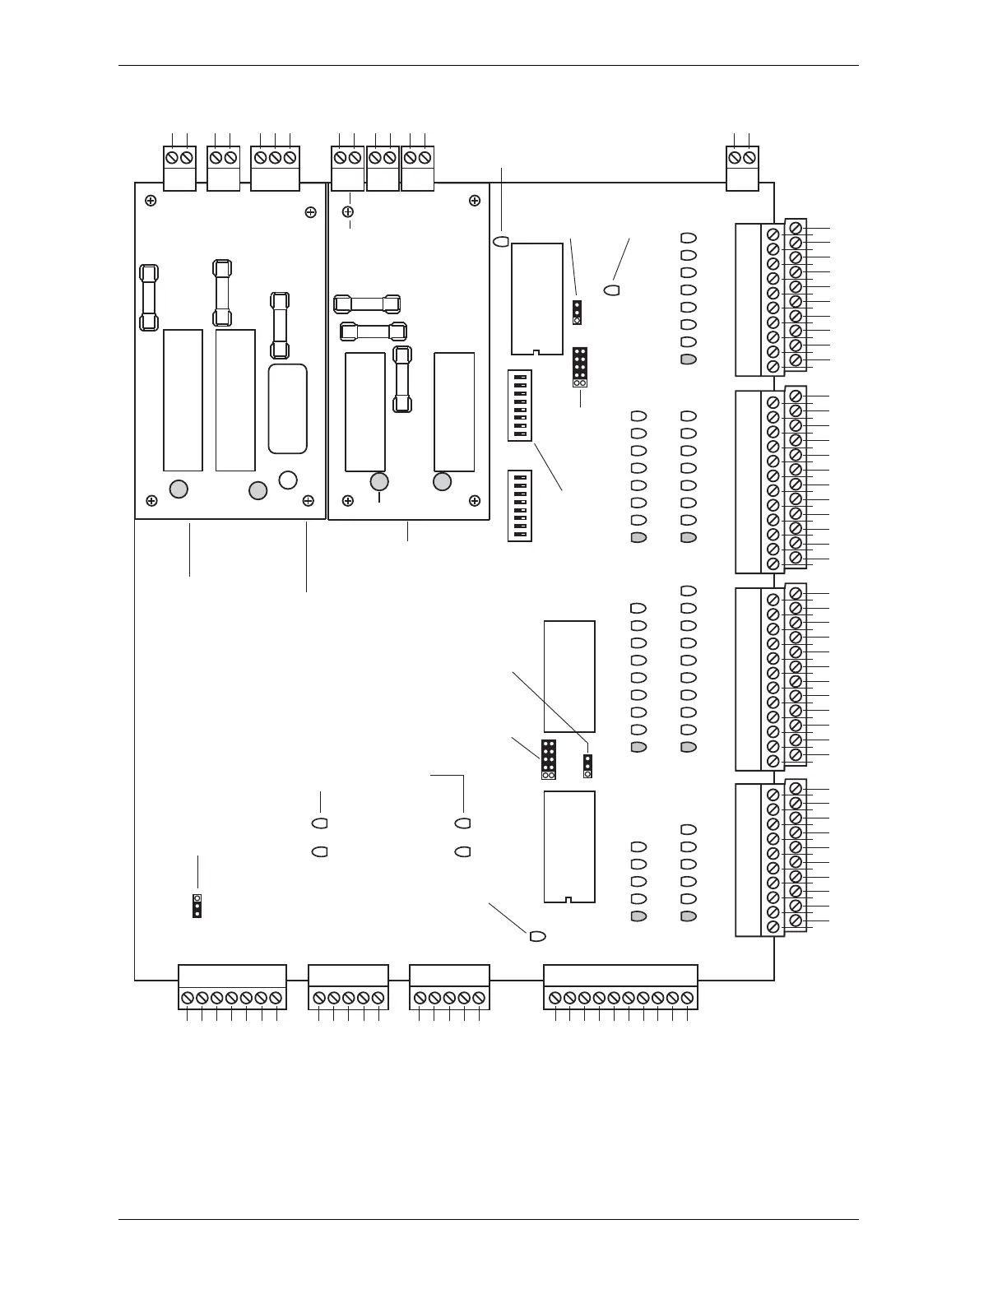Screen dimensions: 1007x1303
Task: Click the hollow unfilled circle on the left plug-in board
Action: [x=288, y=480]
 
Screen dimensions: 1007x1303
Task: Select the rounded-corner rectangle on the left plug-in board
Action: [x=287, y=408]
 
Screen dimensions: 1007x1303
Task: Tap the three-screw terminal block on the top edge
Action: [x=275, y=168]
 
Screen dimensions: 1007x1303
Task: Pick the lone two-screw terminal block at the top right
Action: [x=742, y=168]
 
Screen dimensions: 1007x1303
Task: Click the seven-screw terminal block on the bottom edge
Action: [x=232, y=987]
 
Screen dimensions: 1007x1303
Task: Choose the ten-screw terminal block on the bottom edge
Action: [x=620, y=987]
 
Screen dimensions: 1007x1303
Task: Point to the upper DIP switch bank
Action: [x=519, y=406]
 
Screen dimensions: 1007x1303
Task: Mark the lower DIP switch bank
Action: [x=519, y=506]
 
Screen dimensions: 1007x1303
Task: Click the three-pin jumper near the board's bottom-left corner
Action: [x=197, y=906]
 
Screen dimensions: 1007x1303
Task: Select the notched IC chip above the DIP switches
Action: [x=536, y=298]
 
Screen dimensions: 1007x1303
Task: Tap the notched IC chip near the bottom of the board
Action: [x=568, y=846]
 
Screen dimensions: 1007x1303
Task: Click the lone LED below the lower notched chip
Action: [x=537, y=936]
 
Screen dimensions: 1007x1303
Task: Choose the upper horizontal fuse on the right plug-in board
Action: [x=369, y=304]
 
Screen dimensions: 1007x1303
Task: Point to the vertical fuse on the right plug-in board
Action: [x=402, y=379]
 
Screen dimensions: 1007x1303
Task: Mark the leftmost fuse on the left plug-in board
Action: [x=149, y=297]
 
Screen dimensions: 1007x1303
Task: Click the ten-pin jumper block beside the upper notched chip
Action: [x=580, y=367]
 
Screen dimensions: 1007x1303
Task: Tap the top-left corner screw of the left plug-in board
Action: [x=151, y=201]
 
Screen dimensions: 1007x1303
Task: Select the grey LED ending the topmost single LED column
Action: [x=689, y=359]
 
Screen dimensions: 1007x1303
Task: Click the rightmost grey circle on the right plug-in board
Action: [x=442, y=481]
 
